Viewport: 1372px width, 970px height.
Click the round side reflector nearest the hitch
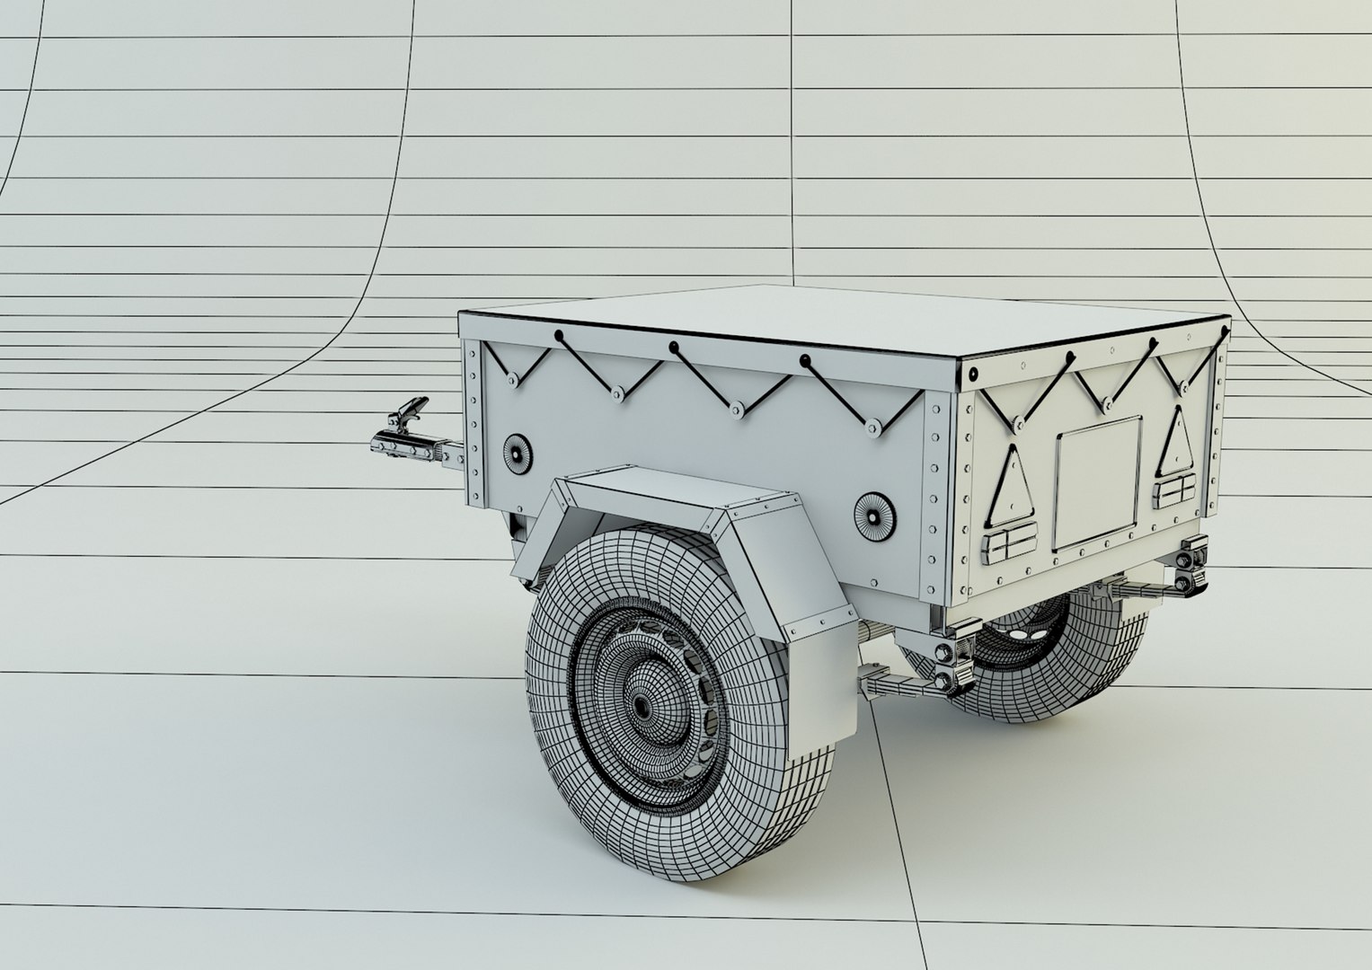coord(517,453)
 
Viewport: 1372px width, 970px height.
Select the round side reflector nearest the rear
coord(872,516)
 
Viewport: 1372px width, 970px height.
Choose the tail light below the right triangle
coord(1174,492)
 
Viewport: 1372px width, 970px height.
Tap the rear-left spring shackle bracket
coord(953,665)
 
